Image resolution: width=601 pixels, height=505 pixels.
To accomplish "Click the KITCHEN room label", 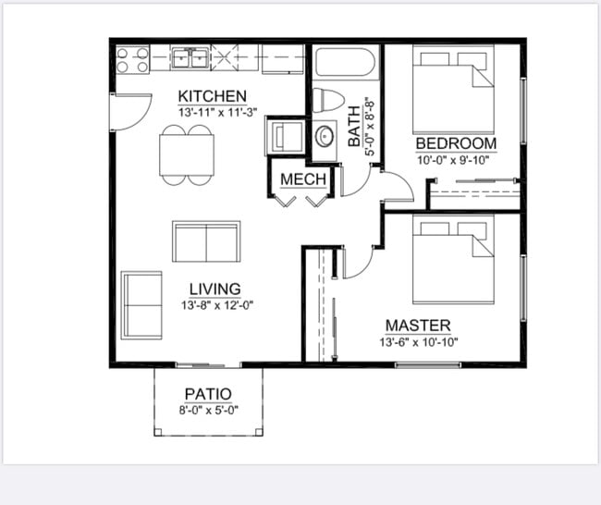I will pos(213,96).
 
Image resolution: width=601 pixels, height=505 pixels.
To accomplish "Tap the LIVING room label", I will pos(215,289).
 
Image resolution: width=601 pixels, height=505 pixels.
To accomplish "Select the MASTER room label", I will pos(418,326).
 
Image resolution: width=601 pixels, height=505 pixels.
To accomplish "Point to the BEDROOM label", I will pos(456,143).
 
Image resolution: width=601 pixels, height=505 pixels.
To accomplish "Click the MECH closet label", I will pos(303,179).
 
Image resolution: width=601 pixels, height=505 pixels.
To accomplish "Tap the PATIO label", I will pos(208,394).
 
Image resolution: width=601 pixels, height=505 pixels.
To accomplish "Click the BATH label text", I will pos(354,125).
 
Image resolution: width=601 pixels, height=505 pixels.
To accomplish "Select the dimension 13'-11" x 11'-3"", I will pos(218,112).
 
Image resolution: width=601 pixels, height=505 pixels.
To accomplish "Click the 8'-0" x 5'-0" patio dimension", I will pos(208,409).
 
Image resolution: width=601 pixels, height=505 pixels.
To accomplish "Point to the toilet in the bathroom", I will pos(327,100).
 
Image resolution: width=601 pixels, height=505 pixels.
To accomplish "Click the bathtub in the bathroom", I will pos(344,63).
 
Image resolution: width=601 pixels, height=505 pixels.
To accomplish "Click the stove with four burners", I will pos(132,59).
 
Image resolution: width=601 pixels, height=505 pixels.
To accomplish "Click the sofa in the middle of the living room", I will pos(206,241).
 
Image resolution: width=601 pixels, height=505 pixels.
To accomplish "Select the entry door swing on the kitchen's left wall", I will pos(129,112).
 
